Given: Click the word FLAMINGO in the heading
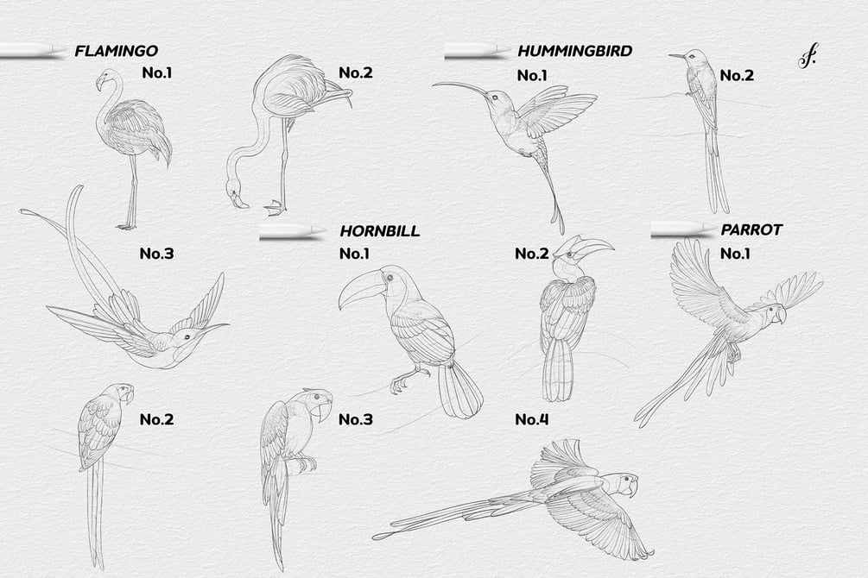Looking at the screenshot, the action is pyautogui.click(x=117, y=51).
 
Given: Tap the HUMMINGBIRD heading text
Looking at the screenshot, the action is pyautogui.click(x=574, y=51).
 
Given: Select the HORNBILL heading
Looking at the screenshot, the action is pyautogui.click(x=380, y=230).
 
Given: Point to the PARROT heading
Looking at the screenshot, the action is pyautogui.click(x=751, y=229).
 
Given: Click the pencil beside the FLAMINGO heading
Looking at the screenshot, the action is pyautogui.click(x=33, y=50).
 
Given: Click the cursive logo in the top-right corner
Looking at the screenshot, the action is pyautogui.click(x=808, y=57).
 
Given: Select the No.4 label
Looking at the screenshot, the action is pyautogui.click(x=531, y=420).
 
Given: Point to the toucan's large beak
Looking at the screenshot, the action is pyautogui.click(x=360, y=286).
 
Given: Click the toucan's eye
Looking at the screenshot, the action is pyautogui.click(x=391, y=277).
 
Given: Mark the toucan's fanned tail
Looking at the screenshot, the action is pyautogui.click(x=459, y=390).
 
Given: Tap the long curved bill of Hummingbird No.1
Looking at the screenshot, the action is pyautogui.click(x=461, y=87).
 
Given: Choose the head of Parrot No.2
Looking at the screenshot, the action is pyautogui.click(x=123, y=393).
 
